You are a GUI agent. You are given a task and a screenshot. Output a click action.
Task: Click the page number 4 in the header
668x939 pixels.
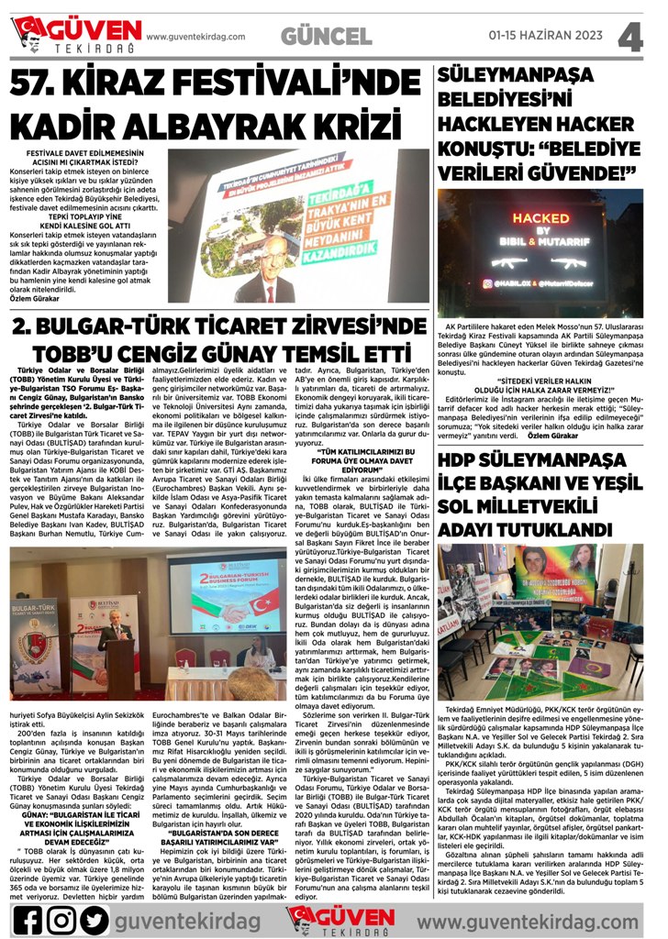[x=631, y=37]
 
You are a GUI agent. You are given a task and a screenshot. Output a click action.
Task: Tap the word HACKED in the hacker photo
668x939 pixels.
[x=540, y=217]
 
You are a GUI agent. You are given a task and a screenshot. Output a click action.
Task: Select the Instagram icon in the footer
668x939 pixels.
[x=61, y=916]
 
